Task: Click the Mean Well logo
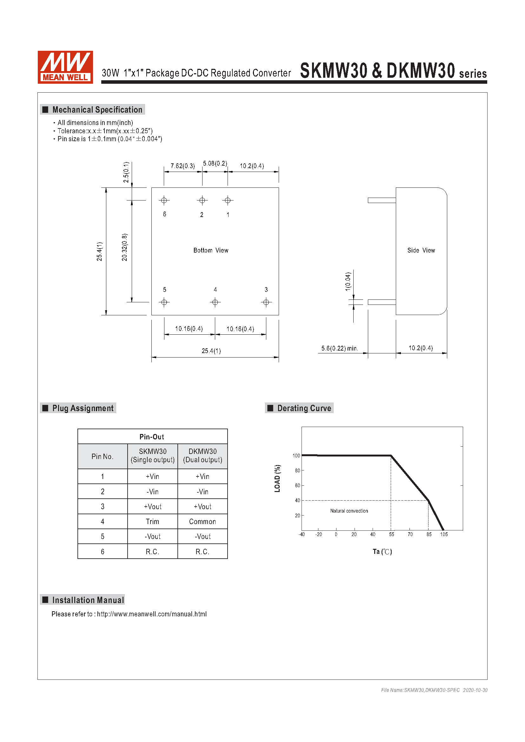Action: coord(65,67)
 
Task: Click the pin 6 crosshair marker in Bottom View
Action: coord(164,200)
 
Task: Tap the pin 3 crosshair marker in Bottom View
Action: coord(266,302)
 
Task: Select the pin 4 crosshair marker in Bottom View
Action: coord(215,302)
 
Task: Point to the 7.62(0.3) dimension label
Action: coord(183,166)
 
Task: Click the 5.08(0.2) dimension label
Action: coord(215,163)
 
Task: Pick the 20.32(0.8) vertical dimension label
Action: coord(125,247)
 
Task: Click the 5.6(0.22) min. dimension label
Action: coord(339,348)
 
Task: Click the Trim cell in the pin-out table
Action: coord(152,522)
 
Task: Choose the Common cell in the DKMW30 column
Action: coord(203,522)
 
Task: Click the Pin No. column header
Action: coord(103,456)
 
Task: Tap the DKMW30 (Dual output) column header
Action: coord(203,456)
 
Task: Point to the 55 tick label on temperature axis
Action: coord(391,535)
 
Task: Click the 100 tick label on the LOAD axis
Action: coord(296,456)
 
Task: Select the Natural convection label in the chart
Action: coord(349,511)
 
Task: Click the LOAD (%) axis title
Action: coord(277,479)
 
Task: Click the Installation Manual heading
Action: coord(88,600)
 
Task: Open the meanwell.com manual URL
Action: coord(152,614)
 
